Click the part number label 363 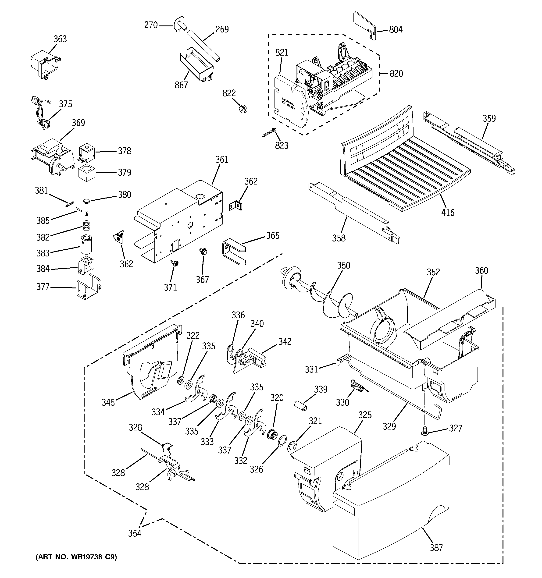pos(60,39)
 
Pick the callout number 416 pos(448,213)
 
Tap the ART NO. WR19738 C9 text pos(76,557)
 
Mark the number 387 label pos(436,548)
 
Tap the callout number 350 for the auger pos(344,266)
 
